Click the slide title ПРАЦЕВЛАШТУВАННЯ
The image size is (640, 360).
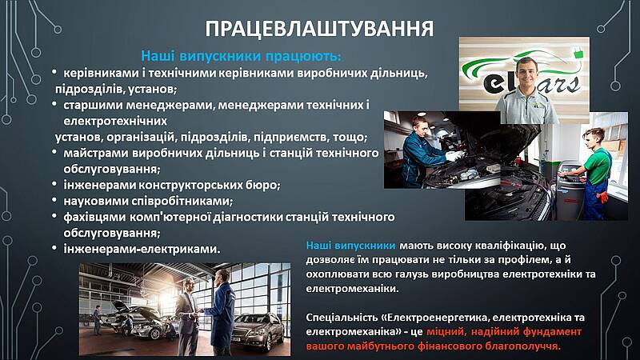[319, 29]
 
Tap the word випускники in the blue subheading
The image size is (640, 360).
[221, 56]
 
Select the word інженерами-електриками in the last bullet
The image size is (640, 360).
[142, 249]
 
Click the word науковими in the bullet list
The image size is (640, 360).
[96, 201]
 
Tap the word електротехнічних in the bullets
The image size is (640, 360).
[115, 121]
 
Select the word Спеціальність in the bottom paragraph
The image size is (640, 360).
[343, 317]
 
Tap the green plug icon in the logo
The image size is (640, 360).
[578, 52]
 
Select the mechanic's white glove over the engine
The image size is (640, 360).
[454, 155]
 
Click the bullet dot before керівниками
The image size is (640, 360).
[54, 72]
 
